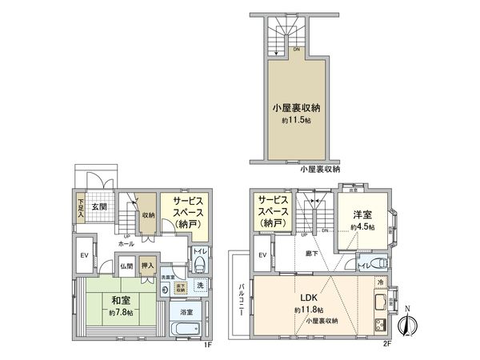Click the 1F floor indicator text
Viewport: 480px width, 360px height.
(206, 346)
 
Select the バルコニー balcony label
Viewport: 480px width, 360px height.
(239, 301)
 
